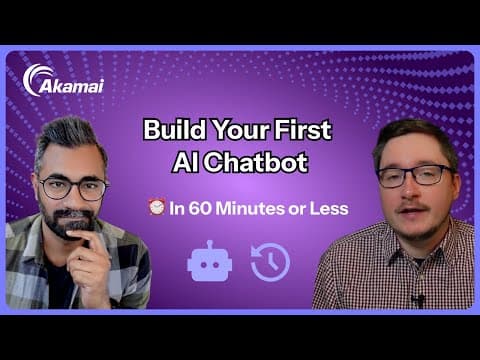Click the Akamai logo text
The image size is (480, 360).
tap(67, 87)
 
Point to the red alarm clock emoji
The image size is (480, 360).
tap(155, 209)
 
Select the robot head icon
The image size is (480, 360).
tap(210, 261)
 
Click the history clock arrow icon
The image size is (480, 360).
tap(270, 261)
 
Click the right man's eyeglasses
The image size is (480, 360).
tap(414, 175)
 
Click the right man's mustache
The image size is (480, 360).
tap(418, 207)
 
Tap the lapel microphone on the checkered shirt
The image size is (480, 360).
tap(419, 298)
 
